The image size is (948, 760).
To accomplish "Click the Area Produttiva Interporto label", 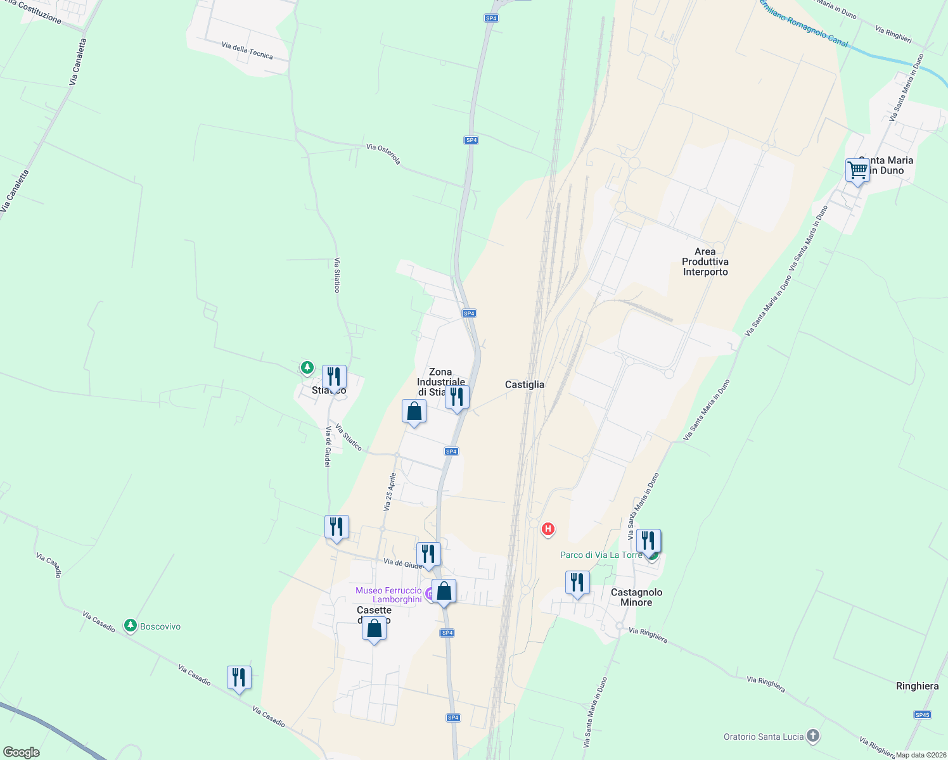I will pyautogui.click(x=705, y=262).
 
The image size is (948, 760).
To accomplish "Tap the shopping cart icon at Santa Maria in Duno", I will pyautogui.click(x=857, y=170).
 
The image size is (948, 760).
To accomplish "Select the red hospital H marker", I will pyautogui.click(x=548, y=528).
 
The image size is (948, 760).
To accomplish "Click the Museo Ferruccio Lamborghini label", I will pyautogui.click(x=388, y=595).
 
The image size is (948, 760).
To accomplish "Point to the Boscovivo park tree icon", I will pyautogui.click(x=131, y=626).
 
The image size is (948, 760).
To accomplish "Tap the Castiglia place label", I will pyautogui.click(x=524, y=384).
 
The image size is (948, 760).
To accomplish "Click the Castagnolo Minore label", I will pyautogui.click(x=636, y=597).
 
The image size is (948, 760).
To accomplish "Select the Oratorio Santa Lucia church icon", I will pyautogui.click(x=812, y=736).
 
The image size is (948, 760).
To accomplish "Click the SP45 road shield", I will pyautogui.click(x=922, y=715).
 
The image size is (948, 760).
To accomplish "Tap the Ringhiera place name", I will pyautogui.click(x=917, y=686).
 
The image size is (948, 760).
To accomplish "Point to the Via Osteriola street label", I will pyautogui.click(x=383, y=154).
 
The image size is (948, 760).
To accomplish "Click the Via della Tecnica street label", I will pyautogui.click(x=247, y=50).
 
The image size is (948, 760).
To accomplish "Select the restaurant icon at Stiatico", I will pyautogui.click(x=334, y=377).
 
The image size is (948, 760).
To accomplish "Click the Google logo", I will pyautogui.click(x=22, y=752).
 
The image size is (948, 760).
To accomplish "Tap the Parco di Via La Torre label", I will pyautogui.click(x=601, y=555).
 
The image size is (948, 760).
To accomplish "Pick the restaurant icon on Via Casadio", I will pyautogui.click(x=239, y=678).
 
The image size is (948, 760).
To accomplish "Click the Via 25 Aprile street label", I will pyautogui.click(x=390, y=491).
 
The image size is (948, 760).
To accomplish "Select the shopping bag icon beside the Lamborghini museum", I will pyautogui.click(x=444, y=591).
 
